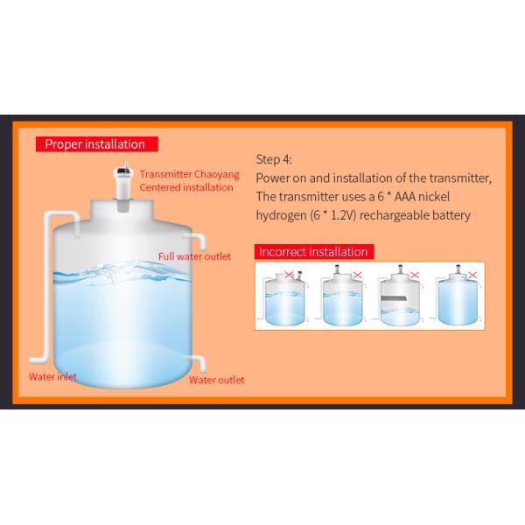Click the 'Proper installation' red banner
pos(97,144)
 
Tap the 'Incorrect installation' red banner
pos(314,252)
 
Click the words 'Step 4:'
pos(274,159)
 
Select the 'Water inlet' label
pos(52,376)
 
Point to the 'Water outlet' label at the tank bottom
pos(217,380)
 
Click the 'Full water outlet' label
pos(194,256)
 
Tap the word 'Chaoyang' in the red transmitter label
pos(217,174)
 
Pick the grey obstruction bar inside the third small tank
pos(394,298)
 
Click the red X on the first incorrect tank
pos(289,275)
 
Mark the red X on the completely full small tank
pos(472,275)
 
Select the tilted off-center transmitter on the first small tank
pos(299,276)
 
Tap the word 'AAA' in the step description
pos(405,197)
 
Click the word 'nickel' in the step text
pos(434,197)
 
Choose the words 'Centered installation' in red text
pos(186,187)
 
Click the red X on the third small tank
pos(415,275)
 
